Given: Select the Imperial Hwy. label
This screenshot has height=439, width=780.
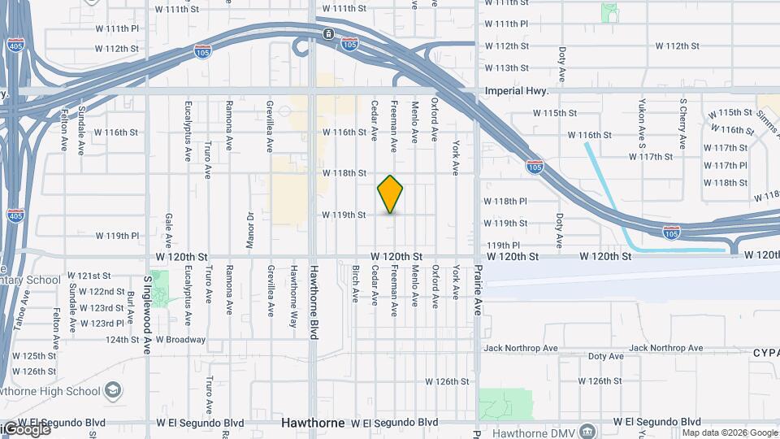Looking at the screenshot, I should click(512, 92).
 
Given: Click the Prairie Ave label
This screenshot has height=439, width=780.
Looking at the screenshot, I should click(479, 288).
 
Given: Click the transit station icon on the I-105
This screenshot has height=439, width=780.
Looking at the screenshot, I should click(327, 33).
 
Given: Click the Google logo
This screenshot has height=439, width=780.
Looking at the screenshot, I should click(26, 428).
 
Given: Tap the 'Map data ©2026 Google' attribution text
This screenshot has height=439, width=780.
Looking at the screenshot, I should click(730, 432).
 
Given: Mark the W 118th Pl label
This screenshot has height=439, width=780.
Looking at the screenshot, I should click(505, 201).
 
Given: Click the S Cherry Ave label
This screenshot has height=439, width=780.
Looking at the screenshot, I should click(683, 124).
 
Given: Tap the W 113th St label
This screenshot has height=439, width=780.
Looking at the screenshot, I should click(506, 68).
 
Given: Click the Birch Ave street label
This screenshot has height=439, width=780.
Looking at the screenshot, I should click(356, 284).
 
